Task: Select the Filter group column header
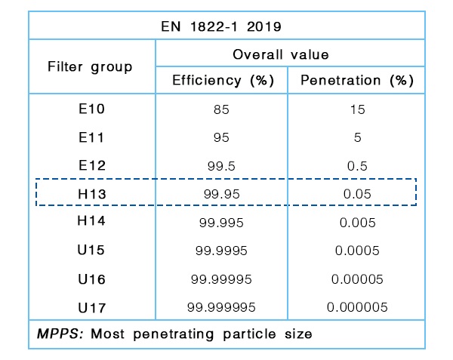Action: (90, 66)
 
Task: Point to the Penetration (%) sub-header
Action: (357, 81)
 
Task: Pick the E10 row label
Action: (91, 109)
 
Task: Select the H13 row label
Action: (91, 193)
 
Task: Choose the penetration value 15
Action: (357, 109)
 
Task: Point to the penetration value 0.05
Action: (357, 194)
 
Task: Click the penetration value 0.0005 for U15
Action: (357, 251)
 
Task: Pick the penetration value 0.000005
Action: (357, 307)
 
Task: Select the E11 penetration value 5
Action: (357, 137)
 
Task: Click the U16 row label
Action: (91, 278)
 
